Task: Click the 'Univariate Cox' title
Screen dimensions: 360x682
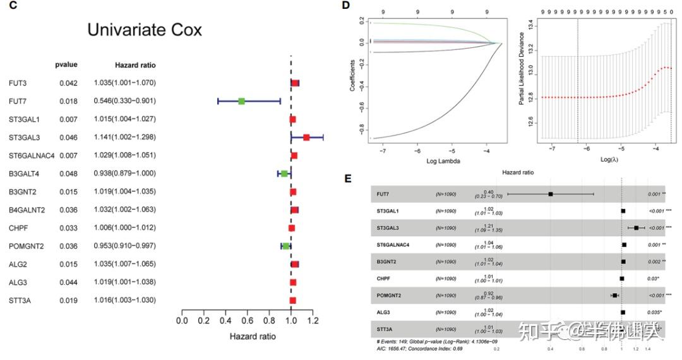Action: tap(144, 30)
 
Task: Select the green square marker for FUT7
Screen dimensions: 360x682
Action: tap(241, 101)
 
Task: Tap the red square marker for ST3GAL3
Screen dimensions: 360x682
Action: tap(306, 137)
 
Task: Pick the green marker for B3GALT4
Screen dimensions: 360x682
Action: tap(284, 173)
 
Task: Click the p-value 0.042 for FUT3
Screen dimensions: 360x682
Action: tap(68, 83)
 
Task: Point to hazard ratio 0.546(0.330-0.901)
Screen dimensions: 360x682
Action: tap(124, 101)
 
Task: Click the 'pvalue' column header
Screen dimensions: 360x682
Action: tap(66, 65)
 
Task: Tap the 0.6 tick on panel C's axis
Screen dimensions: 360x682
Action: tap(247, 321)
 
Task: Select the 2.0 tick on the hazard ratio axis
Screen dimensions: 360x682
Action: tap(399, 321)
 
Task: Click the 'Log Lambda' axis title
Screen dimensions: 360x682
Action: tap(443, 161)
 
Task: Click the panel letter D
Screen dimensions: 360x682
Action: tap(345, 5)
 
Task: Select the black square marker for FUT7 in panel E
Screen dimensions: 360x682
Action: tap(551, 195)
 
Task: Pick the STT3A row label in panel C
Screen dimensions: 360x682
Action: tap(20, 301)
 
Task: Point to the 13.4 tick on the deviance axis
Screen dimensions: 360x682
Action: tap(531, 25)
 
